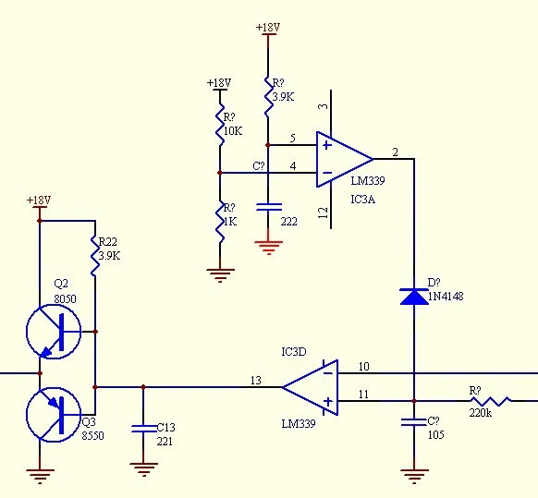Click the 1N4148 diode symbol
click(x=414, y=297)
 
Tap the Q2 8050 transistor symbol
click(x=54, y=332)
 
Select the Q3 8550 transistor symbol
click(x=54, y=415)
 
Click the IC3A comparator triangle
click(x=345, y=159)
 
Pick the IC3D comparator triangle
click(x=311, y=387)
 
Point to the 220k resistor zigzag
click(x=490, y=401)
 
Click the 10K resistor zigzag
click(x=220, y=124)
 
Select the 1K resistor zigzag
click(x=220, y=222)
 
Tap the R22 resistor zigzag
click(x=95, y=256)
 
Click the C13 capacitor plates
click(x=143, y=429)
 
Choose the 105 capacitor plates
click(x=414, y=422)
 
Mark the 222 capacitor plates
click(x=269, y=207)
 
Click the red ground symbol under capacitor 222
click(x=269, y=248)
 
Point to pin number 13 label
click(x=256, y=381)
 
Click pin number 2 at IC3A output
click(x=396, y=152)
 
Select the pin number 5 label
click(x=292, y=139)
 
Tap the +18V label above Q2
click(x=39, y=200)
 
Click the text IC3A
click(x=362, y=200)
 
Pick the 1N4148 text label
click(x=446, y=296)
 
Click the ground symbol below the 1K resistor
click(x=220, y=275)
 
